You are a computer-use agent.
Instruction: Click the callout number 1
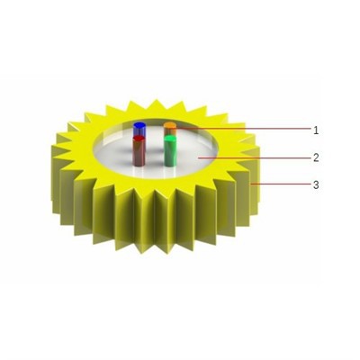(316, 130)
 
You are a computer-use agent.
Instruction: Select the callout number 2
(316, 157)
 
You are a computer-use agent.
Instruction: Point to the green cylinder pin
(169, 153)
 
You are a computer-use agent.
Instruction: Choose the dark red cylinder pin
(139, 152)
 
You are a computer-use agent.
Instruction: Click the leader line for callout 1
(243, 130)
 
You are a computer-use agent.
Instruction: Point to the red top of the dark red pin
(139, 139)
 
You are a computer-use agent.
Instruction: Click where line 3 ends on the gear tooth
(256, 184)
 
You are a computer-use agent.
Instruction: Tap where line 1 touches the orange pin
(175, 130)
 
